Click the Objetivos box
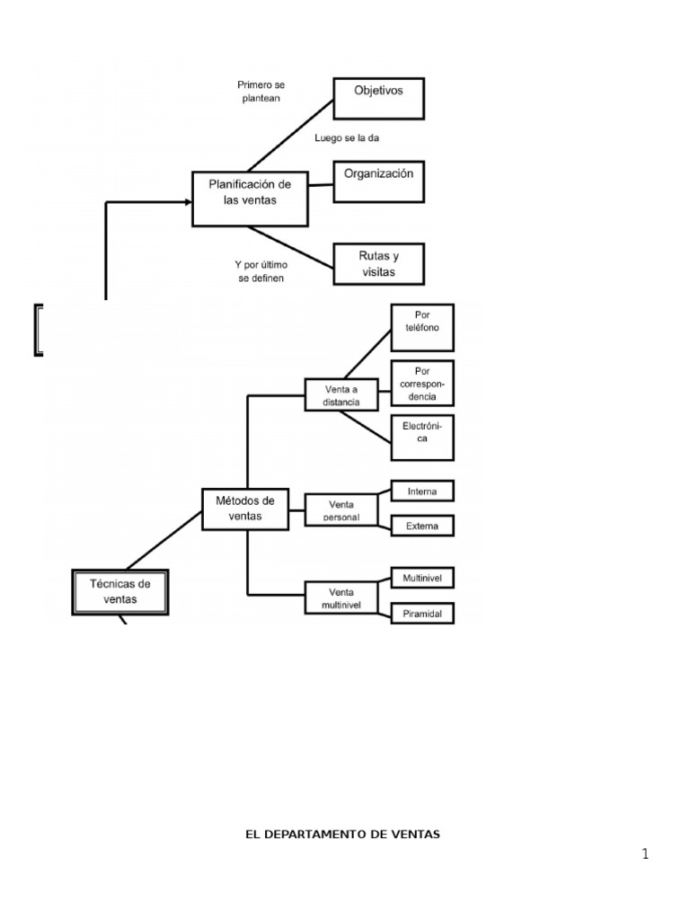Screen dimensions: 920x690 (x=378, y=99)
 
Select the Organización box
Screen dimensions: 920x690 (x=378, y=181)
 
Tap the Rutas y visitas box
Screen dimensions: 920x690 (x=378, y=264)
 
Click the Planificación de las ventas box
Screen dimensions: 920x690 (x=250, y=199)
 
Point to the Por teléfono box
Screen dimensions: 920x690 (x=422, y=327)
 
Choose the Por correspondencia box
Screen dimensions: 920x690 (x=422, y=384)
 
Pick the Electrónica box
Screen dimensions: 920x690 (x=422, y=437)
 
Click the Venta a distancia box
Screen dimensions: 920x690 (x=341, y=395)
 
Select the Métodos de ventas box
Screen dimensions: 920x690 (x=245, y=508)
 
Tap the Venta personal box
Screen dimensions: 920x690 (x=341, y=510)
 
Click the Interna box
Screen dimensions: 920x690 (x=422, y=491)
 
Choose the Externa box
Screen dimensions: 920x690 (x=422, y=526)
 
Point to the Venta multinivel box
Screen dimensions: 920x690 (x=341, y=598)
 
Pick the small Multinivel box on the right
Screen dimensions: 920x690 (x=422, y=577)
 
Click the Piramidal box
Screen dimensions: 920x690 (x=422, y=614)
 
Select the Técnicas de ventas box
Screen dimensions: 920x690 (x=120, y=591)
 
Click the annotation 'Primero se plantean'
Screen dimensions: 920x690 (x=261, y=92)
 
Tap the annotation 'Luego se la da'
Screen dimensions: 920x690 (x=341, y=138)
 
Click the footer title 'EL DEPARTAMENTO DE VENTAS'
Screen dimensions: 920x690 (x=343, y=834)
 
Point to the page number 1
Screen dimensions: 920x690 (x=645, y=854)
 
